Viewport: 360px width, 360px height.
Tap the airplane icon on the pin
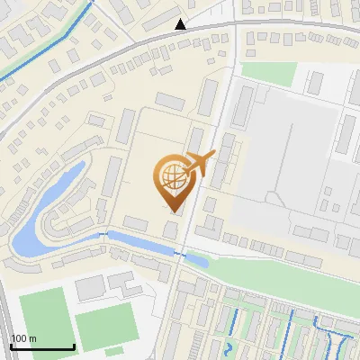[198, 164]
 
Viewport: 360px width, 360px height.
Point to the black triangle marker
[181, 24]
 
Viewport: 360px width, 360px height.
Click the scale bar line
[42, 347]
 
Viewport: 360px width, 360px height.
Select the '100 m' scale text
[24, 338]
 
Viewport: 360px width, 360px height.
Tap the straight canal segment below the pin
[144, 243]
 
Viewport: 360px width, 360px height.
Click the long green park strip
[288, 271]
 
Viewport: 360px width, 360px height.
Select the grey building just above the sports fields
[90, 288]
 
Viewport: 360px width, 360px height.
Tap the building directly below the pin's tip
[171, 229]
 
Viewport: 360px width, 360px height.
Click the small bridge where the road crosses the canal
[179, 256]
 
